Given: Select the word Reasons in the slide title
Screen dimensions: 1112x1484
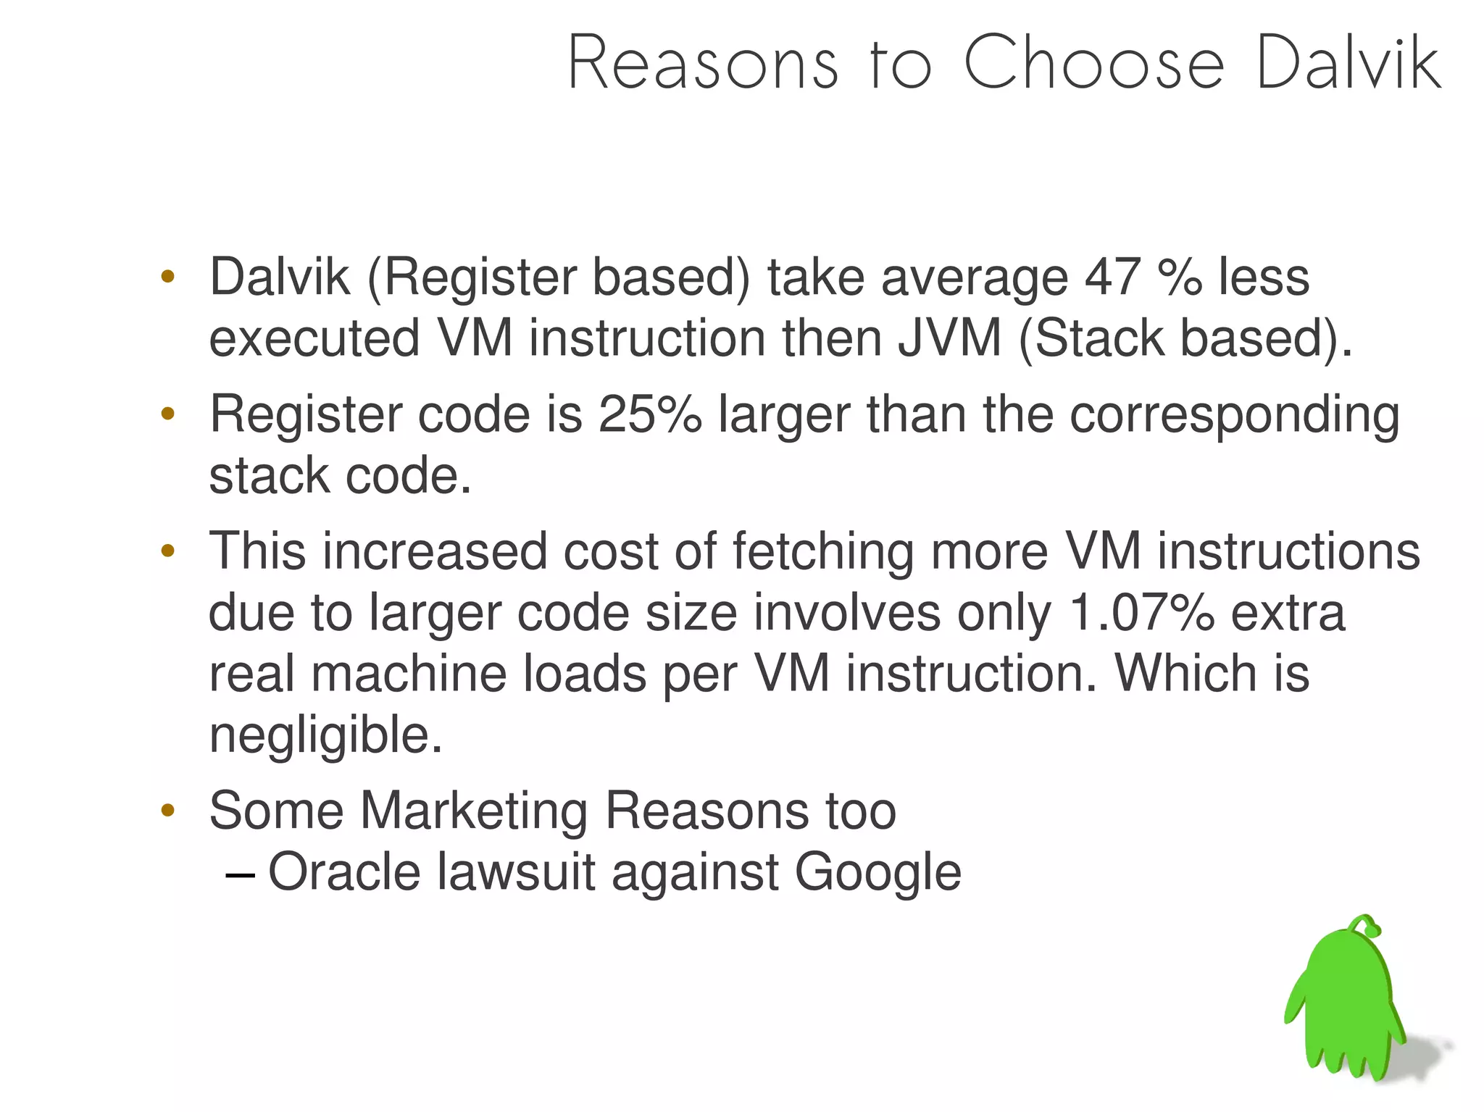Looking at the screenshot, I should (x=703, y=64).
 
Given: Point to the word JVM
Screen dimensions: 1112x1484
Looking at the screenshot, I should (x=950, y=338).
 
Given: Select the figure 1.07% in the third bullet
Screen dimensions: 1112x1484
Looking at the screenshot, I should (x=1141, y=613).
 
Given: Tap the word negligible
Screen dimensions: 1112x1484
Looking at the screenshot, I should (x=325, y=735).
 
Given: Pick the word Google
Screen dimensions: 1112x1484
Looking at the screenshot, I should (x=878, y=873).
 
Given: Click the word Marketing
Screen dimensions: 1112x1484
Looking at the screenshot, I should (x=474, y=810).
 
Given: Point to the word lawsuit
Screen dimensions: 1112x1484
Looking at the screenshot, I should (x=516, y=871).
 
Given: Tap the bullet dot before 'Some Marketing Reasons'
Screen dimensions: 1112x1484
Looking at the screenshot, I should (x=168, y=811).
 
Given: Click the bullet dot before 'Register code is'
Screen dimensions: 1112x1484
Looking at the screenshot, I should (x=168, y=414).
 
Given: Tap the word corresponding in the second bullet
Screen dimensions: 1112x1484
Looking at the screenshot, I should (x=1234, y=416).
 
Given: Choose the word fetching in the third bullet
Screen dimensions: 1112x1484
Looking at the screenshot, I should (x=823, y=551).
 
